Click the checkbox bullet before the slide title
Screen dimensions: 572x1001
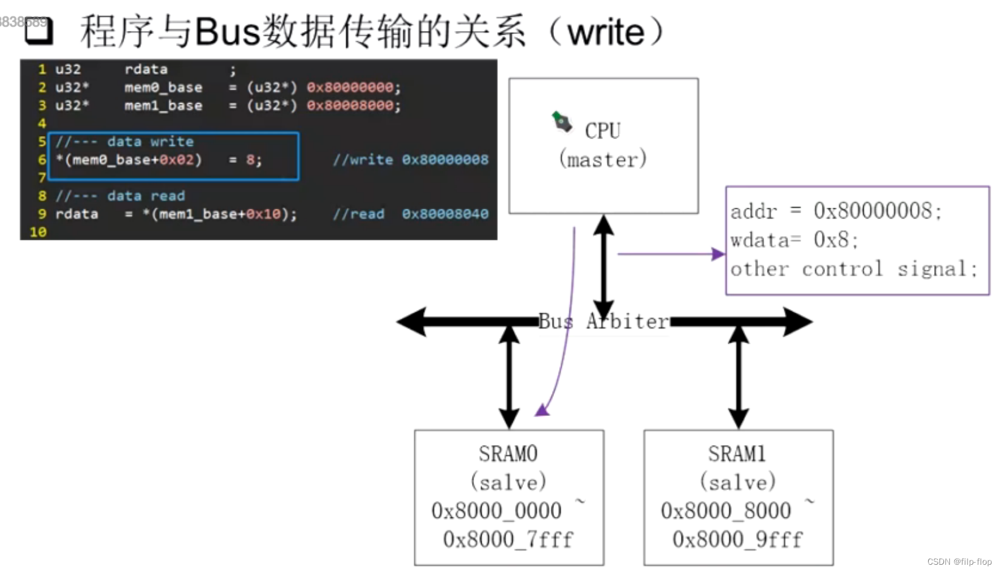click(39, 31)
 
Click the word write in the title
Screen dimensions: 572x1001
click(605, 32)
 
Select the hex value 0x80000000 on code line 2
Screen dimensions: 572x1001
click(350, 87)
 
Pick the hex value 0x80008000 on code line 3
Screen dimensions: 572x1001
click(350, 106)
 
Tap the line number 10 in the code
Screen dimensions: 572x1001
click(38, 232)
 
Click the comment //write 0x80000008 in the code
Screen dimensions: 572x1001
click(410, 160)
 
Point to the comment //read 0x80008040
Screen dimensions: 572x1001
click(410, 214)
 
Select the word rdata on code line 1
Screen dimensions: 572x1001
click(146, 69)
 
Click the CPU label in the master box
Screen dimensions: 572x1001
click(603, 131)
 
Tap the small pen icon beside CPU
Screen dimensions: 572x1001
click(562, 121)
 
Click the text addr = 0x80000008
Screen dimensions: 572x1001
click(836, 211)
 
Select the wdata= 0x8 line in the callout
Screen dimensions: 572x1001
click(794, 240)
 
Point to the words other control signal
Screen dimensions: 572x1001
click(853, 268)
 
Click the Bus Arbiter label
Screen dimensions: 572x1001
click(603, 321)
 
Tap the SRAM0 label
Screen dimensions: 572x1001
click(508, 454)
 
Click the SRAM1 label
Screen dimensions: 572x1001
click(737, 454)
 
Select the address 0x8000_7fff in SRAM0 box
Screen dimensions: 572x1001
click(508, 539)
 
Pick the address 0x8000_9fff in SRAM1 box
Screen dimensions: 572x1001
click(737, 539)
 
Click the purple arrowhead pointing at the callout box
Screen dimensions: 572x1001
click(718, 254)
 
